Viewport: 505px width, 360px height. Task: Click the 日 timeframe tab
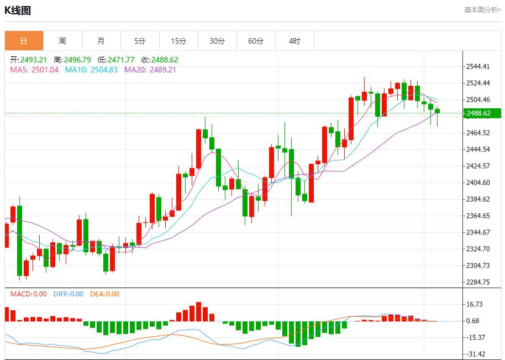(24, 41)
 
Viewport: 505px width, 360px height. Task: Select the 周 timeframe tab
(62, 41)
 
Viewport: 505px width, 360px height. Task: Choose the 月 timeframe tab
(101, 41)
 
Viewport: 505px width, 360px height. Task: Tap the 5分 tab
(140, 41)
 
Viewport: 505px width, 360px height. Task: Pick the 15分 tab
(178, 41)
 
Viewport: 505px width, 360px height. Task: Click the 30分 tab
(217, 41)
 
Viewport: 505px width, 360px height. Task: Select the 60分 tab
(256, 41)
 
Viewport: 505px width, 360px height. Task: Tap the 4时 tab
(294, 41)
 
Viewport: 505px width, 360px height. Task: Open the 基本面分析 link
(482, 10)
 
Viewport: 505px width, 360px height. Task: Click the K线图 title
(18, 10)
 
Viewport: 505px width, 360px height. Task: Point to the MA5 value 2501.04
(45, 70)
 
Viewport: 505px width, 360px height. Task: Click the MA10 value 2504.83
(104, 70)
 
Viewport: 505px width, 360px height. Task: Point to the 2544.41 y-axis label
(478, 67)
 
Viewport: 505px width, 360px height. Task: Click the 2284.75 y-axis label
(478, 282)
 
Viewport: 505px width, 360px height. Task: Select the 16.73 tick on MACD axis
(475, 304)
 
